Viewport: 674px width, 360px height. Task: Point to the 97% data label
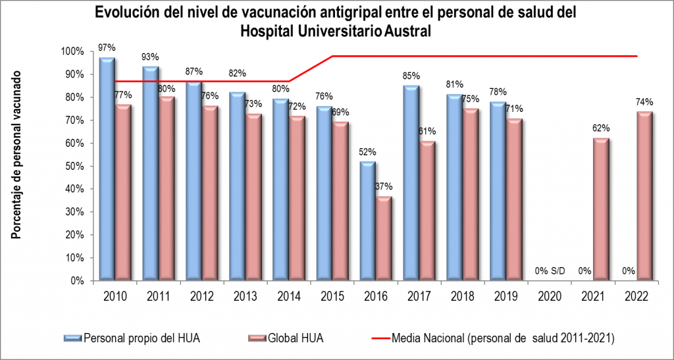(x=107, y=47)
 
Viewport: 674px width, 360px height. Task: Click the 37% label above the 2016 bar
(x=384, y=188)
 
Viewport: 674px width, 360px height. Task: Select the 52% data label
(x=367, y=152)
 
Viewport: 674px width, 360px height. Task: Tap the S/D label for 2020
(x=558, y=270)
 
